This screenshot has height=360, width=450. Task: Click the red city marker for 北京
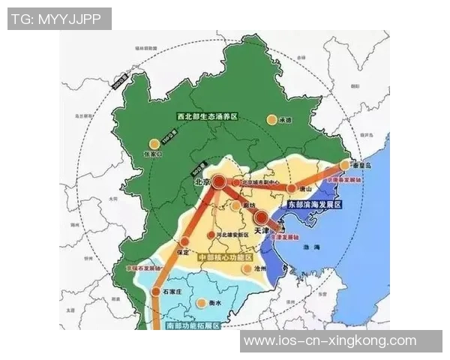tap(219, 181)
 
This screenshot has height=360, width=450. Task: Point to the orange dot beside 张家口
tap(155, 142)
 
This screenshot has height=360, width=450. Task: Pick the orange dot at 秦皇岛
tap(345, 164)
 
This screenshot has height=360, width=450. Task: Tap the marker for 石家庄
tap(155, 292)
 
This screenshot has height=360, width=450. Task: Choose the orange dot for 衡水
tap(200, 303)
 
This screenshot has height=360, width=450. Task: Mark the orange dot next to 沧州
tap(248, 268)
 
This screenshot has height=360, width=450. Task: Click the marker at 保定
tap(183, 241)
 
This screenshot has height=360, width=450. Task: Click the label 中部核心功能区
tap(223, 257)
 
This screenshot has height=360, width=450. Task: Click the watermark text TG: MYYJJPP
tap(58, 19)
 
